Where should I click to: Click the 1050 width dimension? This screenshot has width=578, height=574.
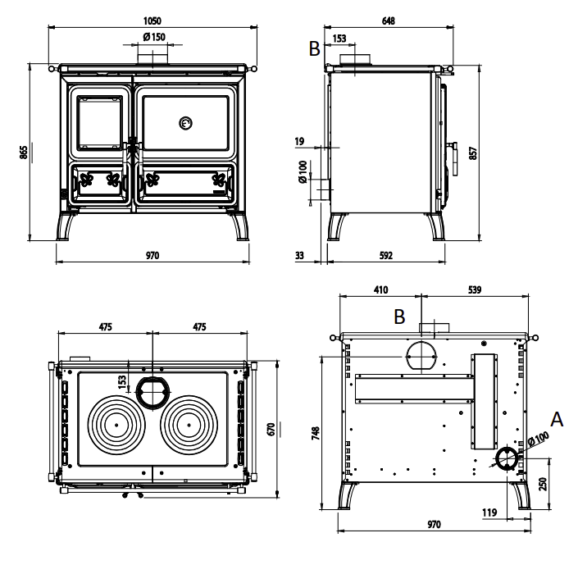pos(152,20)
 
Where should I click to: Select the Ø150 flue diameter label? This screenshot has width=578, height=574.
pos(154,37)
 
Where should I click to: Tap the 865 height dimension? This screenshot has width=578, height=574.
pos(23,153)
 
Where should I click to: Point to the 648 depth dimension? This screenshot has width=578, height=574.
pos(389,20)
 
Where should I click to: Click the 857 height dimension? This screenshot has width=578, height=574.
pos(473,153)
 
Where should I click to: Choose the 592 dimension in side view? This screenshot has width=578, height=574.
pos(386,256)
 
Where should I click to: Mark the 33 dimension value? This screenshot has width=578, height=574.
pos(299,256)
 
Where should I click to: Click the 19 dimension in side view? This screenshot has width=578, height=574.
pos(300,141)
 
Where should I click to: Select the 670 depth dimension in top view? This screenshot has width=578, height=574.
pos(271,430)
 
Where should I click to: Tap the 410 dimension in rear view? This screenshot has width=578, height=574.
pos(380,289)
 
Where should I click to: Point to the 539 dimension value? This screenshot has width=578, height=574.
pos(475,289)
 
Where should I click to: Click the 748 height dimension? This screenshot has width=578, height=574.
pos(316,433)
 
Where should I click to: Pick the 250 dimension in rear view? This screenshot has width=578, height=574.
pos(543,484)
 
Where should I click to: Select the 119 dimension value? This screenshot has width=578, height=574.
pos(489,512)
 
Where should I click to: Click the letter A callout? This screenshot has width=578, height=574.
pos(557,420)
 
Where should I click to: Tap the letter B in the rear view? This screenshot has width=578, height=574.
pos(399,317)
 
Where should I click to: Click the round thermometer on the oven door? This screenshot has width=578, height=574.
pos(186,123)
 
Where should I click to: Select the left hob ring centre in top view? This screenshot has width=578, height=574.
pos(116,425)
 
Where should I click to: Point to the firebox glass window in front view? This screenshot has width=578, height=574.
pos(99,123)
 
